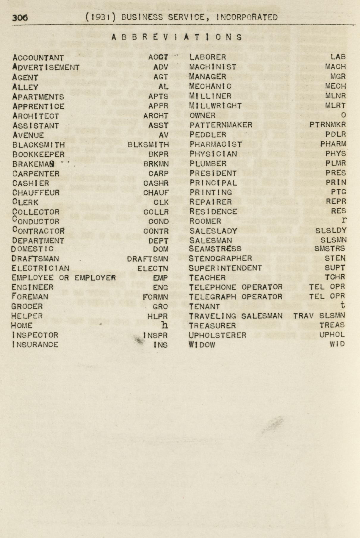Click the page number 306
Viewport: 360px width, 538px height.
[x=20, y=18]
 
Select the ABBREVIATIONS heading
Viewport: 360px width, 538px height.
[x=177, y=37]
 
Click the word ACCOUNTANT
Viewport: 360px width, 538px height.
[x=38, y=58]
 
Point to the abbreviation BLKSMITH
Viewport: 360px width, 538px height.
[x=148, y=145]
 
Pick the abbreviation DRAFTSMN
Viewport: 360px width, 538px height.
[x=147, y=259]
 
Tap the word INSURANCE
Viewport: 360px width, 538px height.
[x=35, y=345]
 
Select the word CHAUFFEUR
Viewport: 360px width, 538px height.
[x=36, y=193]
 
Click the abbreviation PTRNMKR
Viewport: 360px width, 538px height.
[x=328, y=125]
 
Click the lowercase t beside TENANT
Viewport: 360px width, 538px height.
[x=343, y=305]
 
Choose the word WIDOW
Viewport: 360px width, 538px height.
[x=202, y=345]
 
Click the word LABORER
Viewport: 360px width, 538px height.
[x=208, y=57]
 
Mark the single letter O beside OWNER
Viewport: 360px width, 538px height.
[x=343, y=115]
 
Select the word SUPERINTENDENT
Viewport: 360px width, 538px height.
[x=225, y=268]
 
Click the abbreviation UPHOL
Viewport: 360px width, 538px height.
[x=332, y=335]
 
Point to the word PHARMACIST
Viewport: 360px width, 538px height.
[x=216, y=144]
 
